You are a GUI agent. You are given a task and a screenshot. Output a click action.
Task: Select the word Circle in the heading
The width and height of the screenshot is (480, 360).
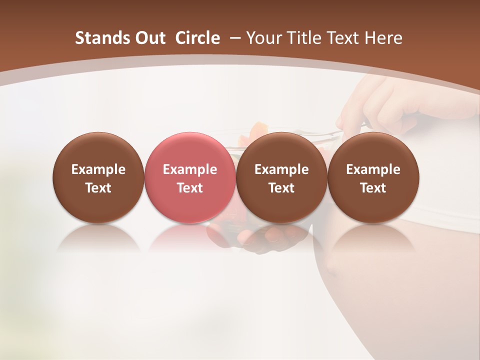[197, 38]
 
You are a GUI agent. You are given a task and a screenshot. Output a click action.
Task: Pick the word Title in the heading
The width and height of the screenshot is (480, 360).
[304, 38]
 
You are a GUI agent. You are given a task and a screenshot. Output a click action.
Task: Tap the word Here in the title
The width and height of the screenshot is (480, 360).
[384, 38]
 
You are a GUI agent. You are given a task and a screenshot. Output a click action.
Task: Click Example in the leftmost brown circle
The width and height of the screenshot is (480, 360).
[98, 169]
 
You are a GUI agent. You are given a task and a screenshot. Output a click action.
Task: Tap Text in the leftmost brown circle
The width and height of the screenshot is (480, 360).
[98, 188]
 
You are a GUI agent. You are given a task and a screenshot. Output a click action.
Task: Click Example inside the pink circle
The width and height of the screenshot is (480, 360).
[190, 169]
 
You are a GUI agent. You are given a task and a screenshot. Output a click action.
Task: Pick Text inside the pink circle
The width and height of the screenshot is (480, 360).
[190, 188]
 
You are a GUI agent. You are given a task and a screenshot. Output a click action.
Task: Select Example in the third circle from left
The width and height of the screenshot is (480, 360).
[281, 169]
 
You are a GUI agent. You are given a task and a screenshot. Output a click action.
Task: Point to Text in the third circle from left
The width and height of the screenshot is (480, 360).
[281, 188]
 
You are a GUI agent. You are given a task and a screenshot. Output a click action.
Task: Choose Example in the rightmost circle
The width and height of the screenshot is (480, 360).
[373, 169]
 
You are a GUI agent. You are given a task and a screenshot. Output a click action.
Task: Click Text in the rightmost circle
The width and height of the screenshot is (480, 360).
[373, 188]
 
